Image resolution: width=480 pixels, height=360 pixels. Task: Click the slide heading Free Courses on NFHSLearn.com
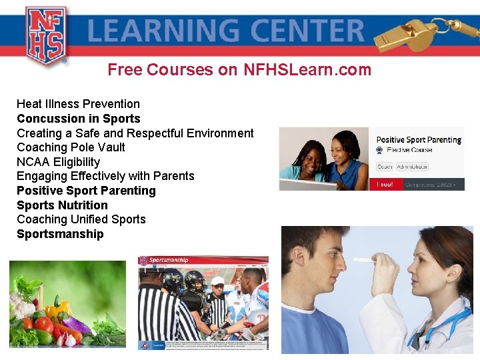[239, 69]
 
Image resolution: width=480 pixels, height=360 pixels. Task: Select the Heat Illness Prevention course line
[78, 104]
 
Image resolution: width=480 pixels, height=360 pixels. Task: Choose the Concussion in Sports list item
[79, 119]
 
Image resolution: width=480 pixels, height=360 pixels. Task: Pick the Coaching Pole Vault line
[71, 147]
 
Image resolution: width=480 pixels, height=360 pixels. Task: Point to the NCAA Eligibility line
[58, 162]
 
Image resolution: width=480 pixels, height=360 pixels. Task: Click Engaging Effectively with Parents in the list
[105, 176]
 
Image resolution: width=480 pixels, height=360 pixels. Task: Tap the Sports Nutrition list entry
[62, 205]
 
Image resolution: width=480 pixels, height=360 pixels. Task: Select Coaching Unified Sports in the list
[81, 219]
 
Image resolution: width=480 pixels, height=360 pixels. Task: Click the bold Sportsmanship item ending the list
[60, 234]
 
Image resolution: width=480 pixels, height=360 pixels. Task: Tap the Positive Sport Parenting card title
[419, 140]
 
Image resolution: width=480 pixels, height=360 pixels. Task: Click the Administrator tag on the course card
[412, 167]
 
